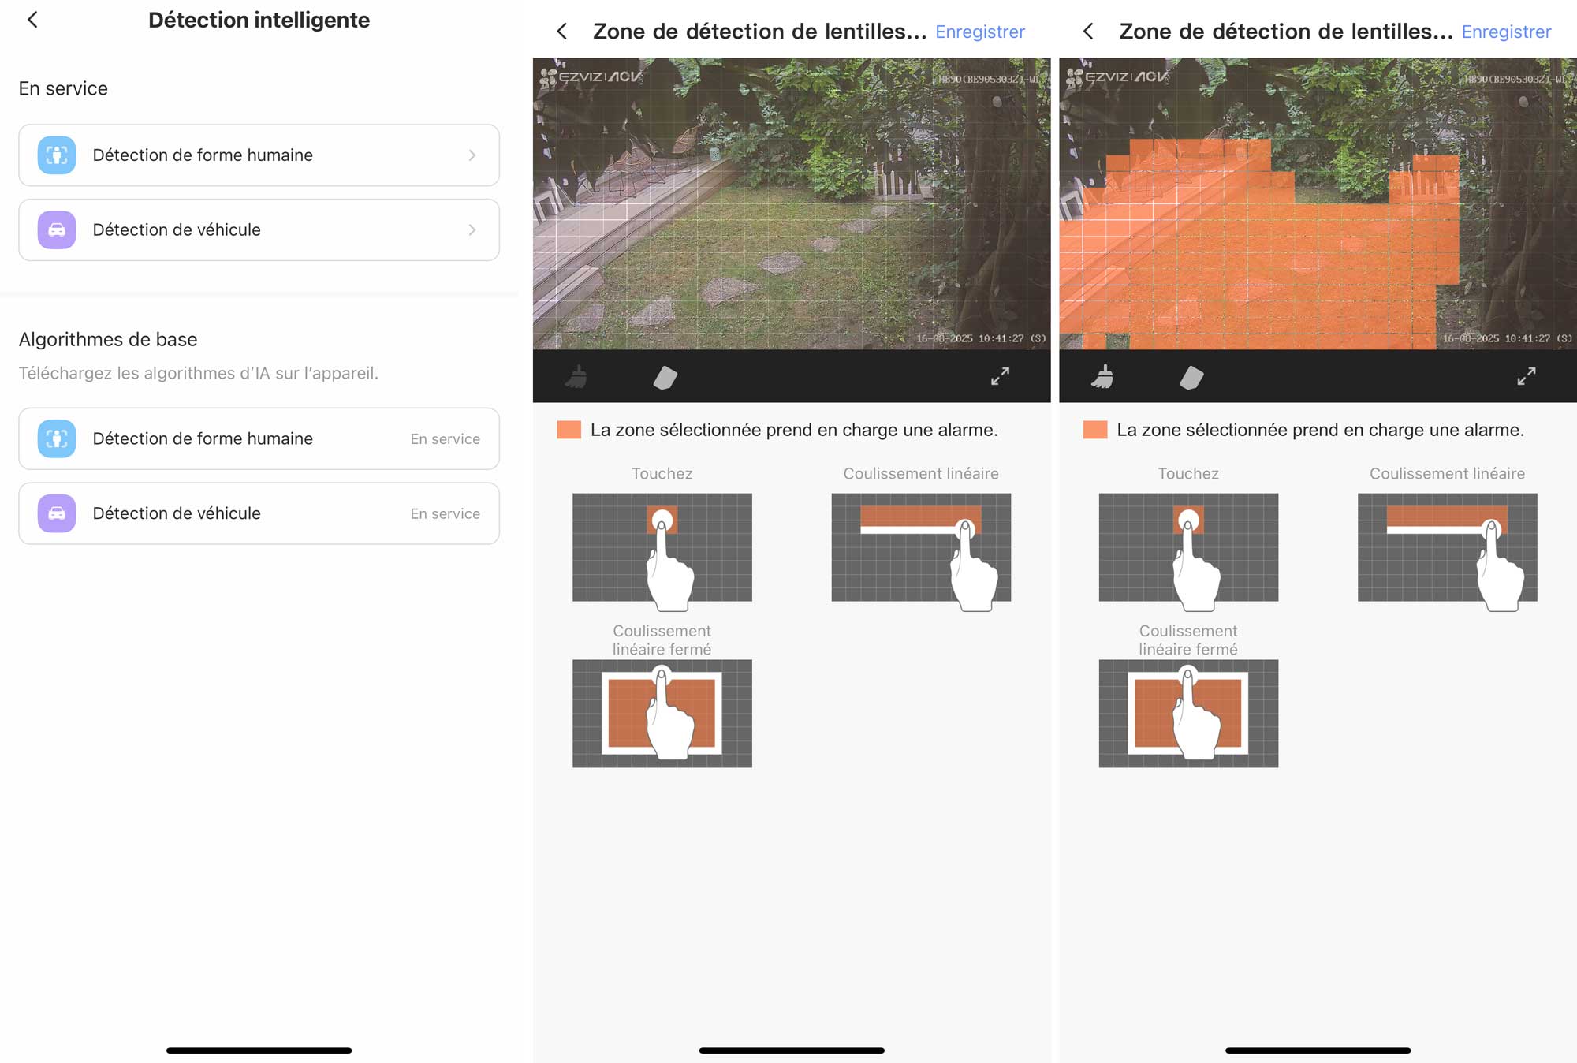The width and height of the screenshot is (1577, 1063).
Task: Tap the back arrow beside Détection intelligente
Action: (32, 20)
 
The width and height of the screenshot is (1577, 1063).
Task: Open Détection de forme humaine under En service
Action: (259, 155)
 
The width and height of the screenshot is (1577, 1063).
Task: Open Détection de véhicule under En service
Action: (259, 230)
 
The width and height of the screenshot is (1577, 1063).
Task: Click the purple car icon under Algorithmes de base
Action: (57, 513)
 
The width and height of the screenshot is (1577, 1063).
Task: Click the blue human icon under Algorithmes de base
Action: (57, 438)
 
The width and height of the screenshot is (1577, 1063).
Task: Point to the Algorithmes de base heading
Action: (108, 340)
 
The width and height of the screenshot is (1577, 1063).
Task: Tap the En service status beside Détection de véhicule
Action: (445, 514)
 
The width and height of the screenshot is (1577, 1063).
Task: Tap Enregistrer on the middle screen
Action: (979, 32)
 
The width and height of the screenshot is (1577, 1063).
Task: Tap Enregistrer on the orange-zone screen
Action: (1505, 32)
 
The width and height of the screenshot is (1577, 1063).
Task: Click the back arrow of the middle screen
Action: (562, 32)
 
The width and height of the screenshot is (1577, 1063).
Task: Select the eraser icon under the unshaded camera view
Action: (665, 378)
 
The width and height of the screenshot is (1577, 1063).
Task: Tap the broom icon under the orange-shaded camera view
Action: (1102, 377)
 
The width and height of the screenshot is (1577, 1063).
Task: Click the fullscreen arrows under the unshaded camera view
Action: (1000, 377)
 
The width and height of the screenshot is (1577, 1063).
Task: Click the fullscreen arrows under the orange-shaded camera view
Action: (1526, 377)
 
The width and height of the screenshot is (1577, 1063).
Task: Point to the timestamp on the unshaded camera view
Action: (980, 338)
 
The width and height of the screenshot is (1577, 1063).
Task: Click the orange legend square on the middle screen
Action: (569, 430)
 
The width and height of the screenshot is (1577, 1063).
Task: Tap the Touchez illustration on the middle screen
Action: (662, 548)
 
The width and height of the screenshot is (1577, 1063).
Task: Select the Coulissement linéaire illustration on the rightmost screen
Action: (1447, 548)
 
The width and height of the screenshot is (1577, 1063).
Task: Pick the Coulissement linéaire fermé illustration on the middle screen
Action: (662, 714)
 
